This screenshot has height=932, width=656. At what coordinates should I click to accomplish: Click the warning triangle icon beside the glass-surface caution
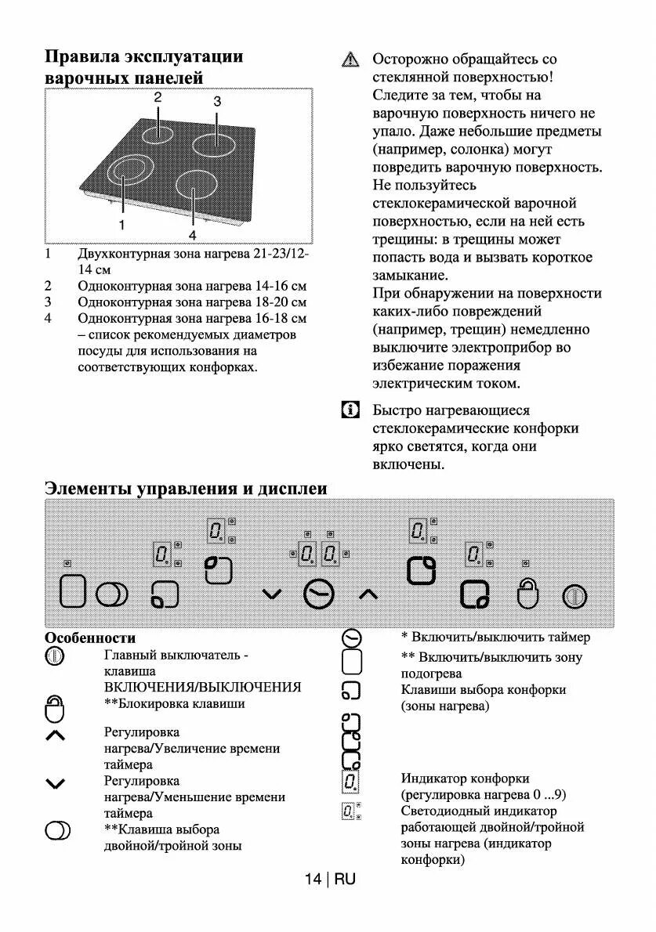[x=350, y=60]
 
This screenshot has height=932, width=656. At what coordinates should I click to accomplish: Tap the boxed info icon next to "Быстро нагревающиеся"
[x=350, y=410]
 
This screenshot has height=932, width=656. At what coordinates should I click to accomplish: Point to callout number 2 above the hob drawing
[x=158, y=98]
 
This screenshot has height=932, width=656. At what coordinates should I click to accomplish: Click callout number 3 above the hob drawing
[x=217, y=101]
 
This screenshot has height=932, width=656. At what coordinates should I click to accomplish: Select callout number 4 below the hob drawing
[x=192, y=234]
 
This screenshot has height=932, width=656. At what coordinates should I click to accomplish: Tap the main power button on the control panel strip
[x=574, y=597]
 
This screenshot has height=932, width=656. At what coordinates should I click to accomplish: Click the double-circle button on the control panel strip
[x=112, y=595]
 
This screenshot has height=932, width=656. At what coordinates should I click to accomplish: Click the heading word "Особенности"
[x=90, y=638]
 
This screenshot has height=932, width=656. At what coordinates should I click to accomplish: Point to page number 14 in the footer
[x=313, y=879]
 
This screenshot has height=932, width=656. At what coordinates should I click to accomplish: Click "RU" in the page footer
[x=345, y=879]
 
